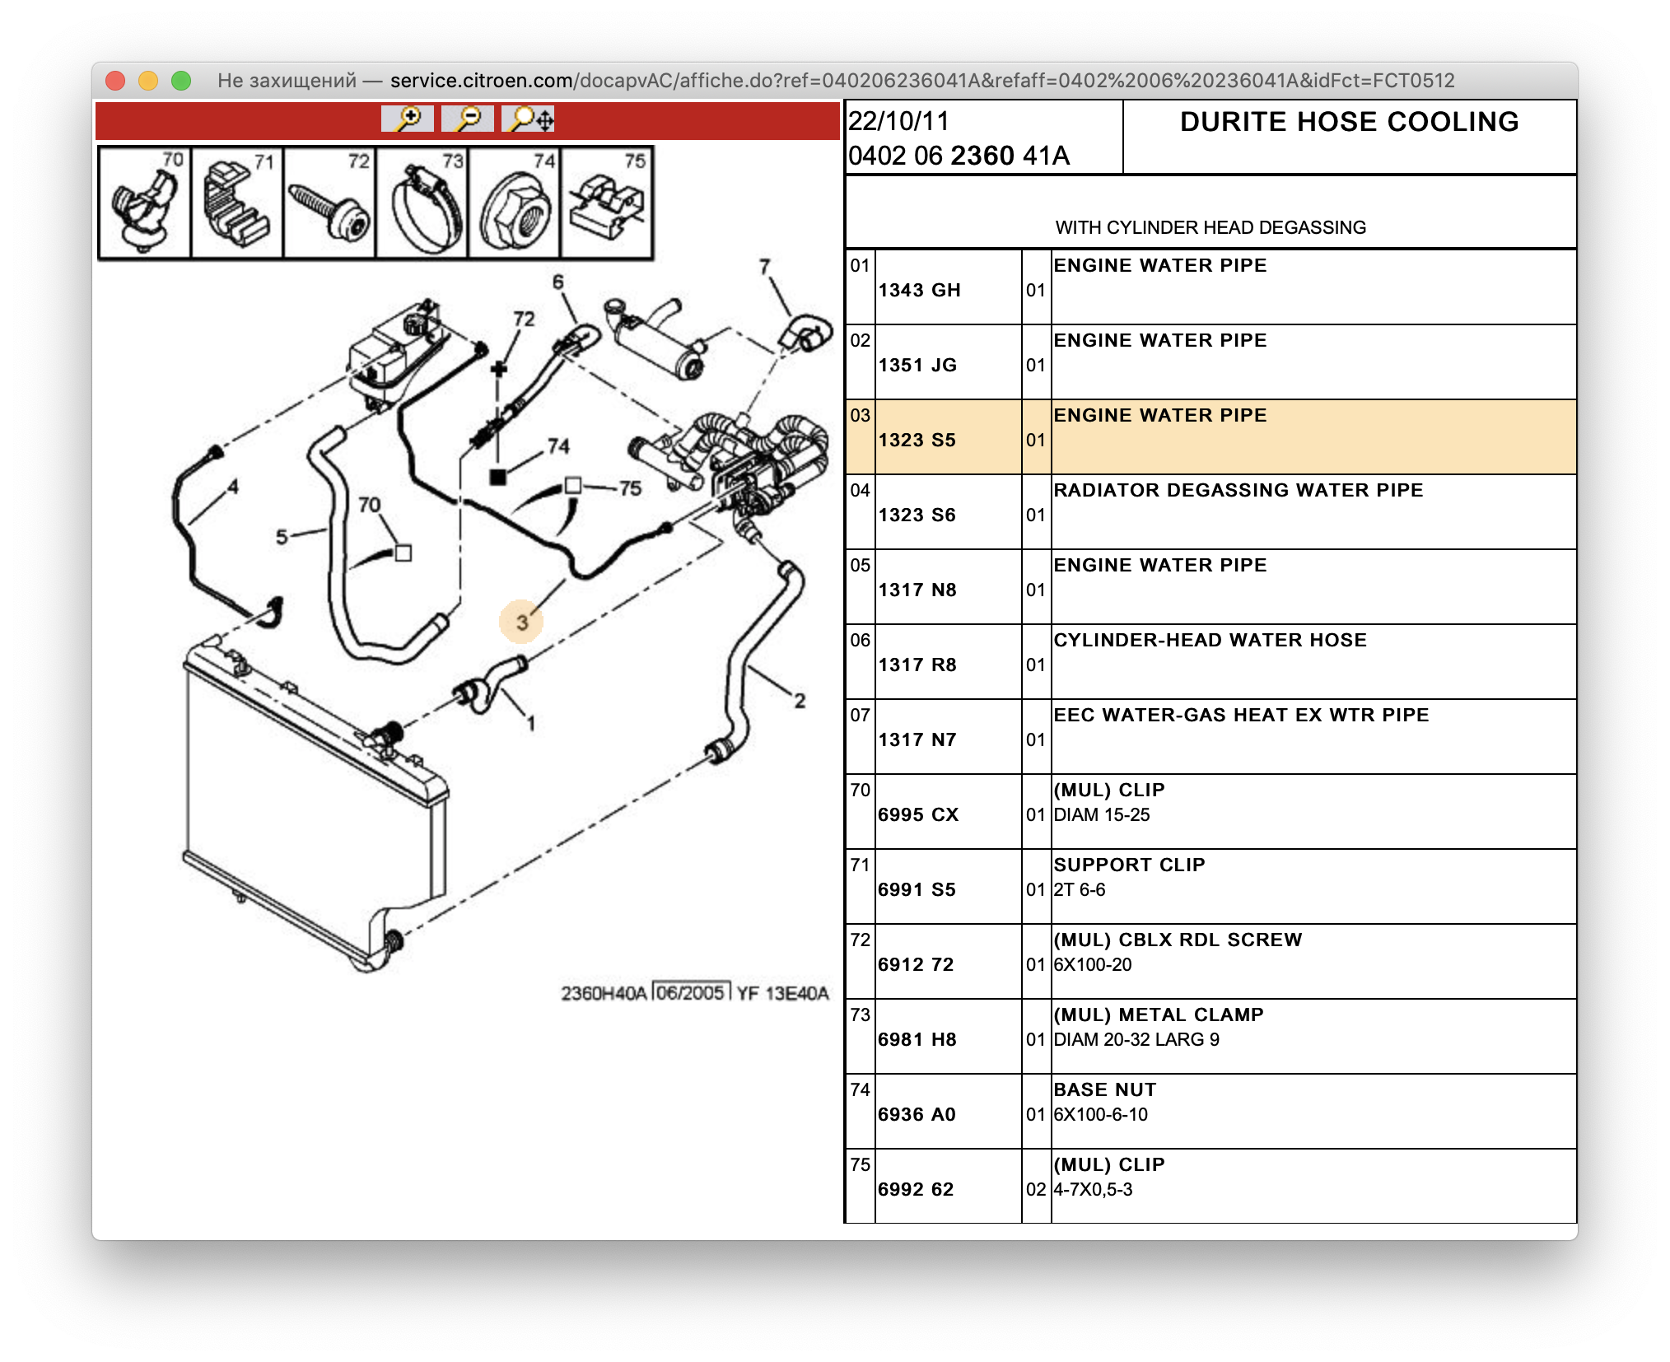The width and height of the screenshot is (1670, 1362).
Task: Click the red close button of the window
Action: coord(115,81)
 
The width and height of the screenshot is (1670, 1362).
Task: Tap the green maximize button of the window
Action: coord(181,81)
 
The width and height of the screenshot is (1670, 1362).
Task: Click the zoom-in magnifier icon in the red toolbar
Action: coord(408,119)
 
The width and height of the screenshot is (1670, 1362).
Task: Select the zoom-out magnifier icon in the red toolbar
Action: coord(468,119)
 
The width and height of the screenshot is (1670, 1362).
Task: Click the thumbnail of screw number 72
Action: coord(329,203)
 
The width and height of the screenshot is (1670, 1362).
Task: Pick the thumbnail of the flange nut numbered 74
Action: coord(515,203)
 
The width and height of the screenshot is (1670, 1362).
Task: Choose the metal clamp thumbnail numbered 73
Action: coord(422,203)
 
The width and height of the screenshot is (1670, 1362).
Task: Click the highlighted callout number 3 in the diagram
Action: coord(521,622)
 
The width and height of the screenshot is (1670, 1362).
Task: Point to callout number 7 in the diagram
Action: coord(764,267)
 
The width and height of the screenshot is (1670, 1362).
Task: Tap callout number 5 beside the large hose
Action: coord(282,538)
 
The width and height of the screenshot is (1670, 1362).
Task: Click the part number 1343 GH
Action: coord(919,290)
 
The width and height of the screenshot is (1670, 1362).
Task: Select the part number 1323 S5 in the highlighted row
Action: coord(917,440)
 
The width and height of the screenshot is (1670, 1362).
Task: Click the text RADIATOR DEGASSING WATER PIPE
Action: coord(1238,490)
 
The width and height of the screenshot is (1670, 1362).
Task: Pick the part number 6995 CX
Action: coord(918,814)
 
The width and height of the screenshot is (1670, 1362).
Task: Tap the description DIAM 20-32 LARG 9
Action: coord(1136,1039)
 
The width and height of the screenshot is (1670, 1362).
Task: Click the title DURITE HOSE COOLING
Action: coord(1349,122)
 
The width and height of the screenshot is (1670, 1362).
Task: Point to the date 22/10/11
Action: coord(898,121)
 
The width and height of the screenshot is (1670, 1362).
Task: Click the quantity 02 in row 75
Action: coord(1035,1189)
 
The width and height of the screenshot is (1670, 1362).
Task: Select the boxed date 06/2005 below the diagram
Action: coord(690,992)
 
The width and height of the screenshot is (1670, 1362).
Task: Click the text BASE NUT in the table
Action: coord(1104,1089)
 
